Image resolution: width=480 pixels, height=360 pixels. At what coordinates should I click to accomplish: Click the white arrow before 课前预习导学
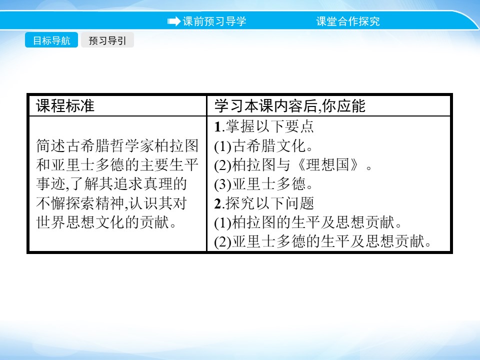coord(173,21)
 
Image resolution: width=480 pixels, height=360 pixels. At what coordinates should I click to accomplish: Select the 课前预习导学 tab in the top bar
coord(214,21)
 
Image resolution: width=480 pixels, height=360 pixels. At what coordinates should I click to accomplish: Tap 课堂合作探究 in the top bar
coord(347,21)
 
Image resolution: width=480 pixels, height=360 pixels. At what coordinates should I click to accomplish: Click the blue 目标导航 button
coord(51,40)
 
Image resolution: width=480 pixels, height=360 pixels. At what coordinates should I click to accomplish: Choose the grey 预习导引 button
coord(107,40)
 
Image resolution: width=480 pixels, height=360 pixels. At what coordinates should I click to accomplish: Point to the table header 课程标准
coord(65,105)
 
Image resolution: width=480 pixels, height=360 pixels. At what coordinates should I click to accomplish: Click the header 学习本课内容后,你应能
coord(290,105)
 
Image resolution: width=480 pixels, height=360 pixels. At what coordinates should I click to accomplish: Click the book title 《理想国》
coord(335,165)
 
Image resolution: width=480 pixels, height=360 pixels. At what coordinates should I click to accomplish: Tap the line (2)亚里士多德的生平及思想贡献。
coord(322,242)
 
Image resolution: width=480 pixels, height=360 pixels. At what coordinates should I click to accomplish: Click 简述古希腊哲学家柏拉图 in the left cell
coord(117,146)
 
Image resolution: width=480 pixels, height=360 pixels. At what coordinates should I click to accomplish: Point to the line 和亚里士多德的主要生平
coord(117,165)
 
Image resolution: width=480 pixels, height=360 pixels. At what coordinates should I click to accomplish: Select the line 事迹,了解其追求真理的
coord(111,184)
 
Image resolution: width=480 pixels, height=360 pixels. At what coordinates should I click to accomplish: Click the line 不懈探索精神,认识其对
coord(111,203)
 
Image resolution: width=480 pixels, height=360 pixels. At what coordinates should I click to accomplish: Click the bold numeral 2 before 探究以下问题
coord(217,203)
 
